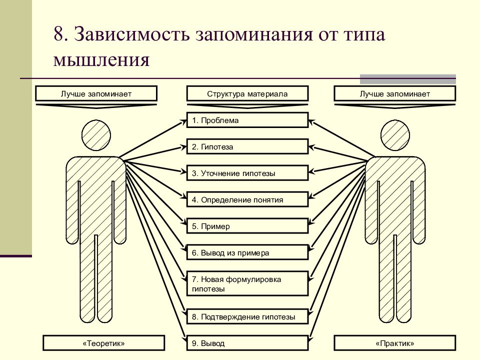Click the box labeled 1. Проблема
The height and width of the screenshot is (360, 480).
247,120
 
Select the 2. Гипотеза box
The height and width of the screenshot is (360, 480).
247,146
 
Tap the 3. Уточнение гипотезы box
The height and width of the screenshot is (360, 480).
247,173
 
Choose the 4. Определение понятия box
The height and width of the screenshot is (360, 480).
247,199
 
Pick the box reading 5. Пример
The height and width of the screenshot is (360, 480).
247,226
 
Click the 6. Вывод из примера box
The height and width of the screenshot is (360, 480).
247,252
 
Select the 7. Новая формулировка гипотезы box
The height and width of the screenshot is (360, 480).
247,283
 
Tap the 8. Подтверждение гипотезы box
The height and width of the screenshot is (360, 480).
247,316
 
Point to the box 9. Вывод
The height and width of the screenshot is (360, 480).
247,343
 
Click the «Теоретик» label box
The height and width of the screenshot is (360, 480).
104,343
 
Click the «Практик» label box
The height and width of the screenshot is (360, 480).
395,343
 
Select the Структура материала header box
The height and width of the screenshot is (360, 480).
247,93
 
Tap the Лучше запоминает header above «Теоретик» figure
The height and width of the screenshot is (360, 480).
96,93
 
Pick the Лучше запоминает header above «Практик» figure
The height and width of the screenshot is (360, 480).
395,93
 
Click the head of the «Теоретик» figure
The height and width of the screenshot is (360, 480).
96,135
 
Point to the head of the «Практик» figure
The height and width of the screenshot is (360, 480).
395,135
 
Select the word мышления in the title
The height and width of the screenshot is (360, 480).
101,59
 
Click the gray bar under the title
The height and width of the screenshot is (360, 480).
408,79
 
